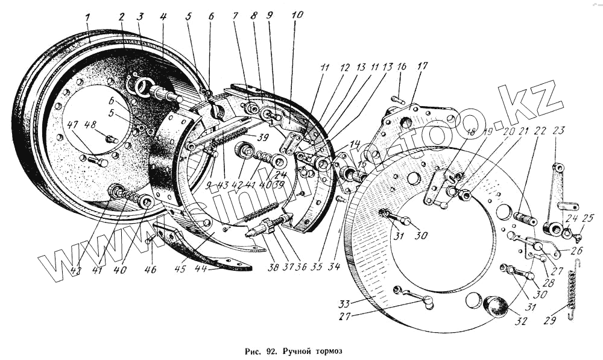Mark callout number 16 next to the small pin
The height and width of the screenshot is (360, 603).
401,66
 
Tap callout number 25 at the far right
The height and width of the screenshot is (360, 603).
589,218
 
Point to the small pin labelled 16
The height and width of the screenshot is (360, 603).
397,99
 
